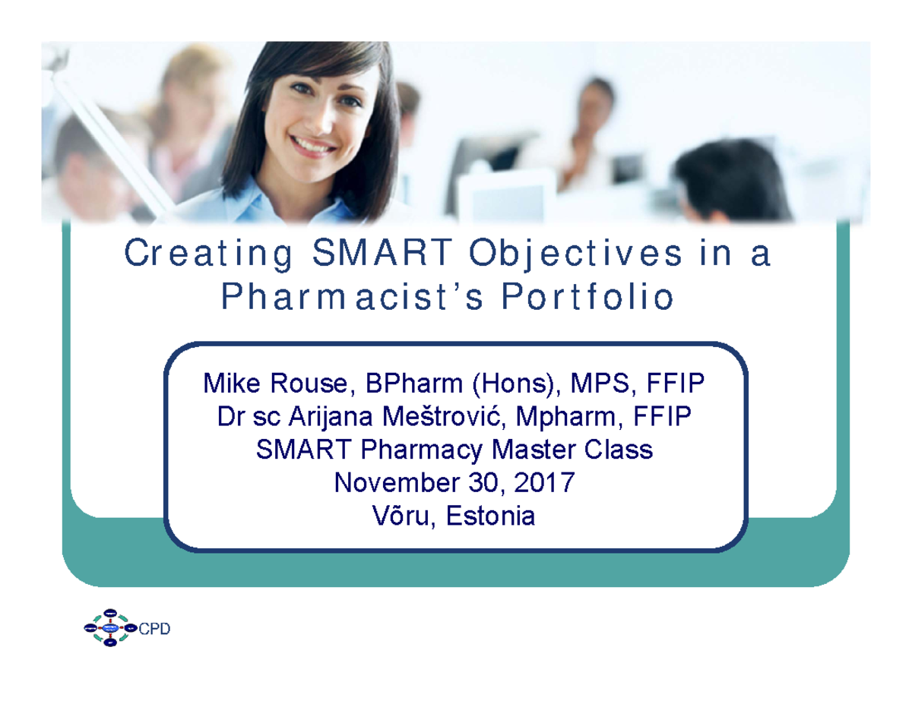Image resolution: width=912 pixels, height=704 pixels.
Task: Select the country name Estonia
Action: coord(490,517)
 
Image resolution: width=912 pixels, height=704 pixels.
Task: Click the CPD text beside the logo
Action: coord(155,629)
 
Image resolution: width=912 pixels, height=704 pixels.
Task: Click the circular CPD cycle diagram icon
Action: coord(110,628)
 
